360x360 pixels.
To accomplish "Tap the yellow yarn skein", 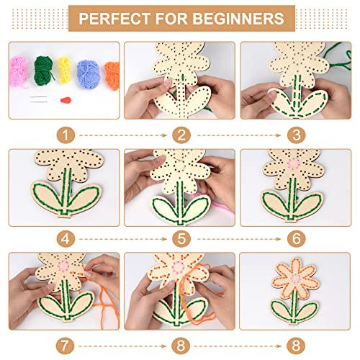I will pos(64,68).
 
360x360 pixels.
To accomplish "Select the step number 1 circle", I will pos(67,134).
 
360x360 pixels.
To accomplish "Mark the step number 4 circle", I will pos(67,237).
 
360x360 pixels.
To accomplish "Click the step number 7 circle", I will pos(67,343).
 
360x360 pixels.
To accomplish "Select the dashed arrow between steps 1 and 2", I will pos(124,134).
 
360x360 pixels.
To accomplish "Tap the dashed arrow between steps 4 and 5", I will pos(124,237).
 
